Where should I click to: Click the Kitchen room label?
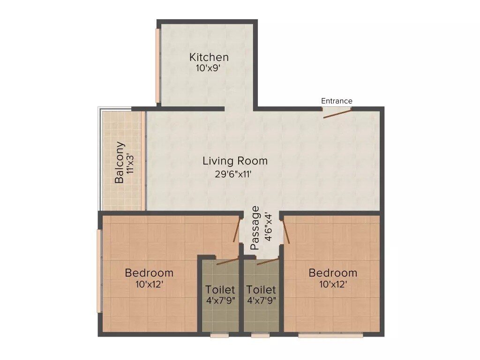click(209, 57)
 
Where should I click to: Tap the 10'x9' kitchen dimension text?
click(209, 68)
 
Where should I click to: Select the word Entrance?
click(337, 101)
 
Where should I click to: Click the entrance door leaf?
click(337, 113)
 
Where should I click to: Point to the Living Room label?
click(235, 161)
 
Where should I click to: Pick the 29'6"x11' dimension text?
click(235, 174)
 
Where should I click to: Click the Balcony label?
click(120, 162)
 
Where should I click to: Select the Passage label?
click(255, 228)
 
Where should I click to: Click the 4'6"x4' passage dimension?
click(268, 227)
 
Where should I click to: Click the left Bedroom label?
click(149, 273)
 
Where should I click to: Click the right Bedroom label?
click(333, 273)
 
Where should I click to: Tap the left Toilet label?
click(220, 290)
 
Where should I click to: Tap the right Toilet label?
click(261, 290)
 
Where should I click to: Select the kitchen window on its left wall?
click(158, 66)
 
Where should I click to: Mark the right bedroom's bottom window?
click(330, 335)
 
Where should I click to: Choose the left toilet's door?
click(228, 261)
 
